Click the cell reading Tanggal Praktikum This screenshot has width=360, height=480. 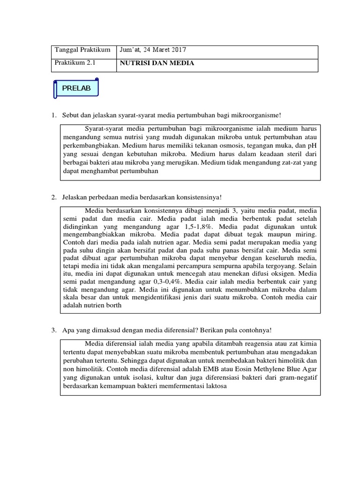pos(82,50)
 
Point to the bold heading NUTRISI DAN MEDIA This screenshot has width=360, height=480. pos(154,63)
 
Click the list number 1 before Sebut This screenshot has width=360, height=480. pos(54,115)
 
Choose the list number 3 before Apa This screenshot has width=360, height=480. pos(54,330)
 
